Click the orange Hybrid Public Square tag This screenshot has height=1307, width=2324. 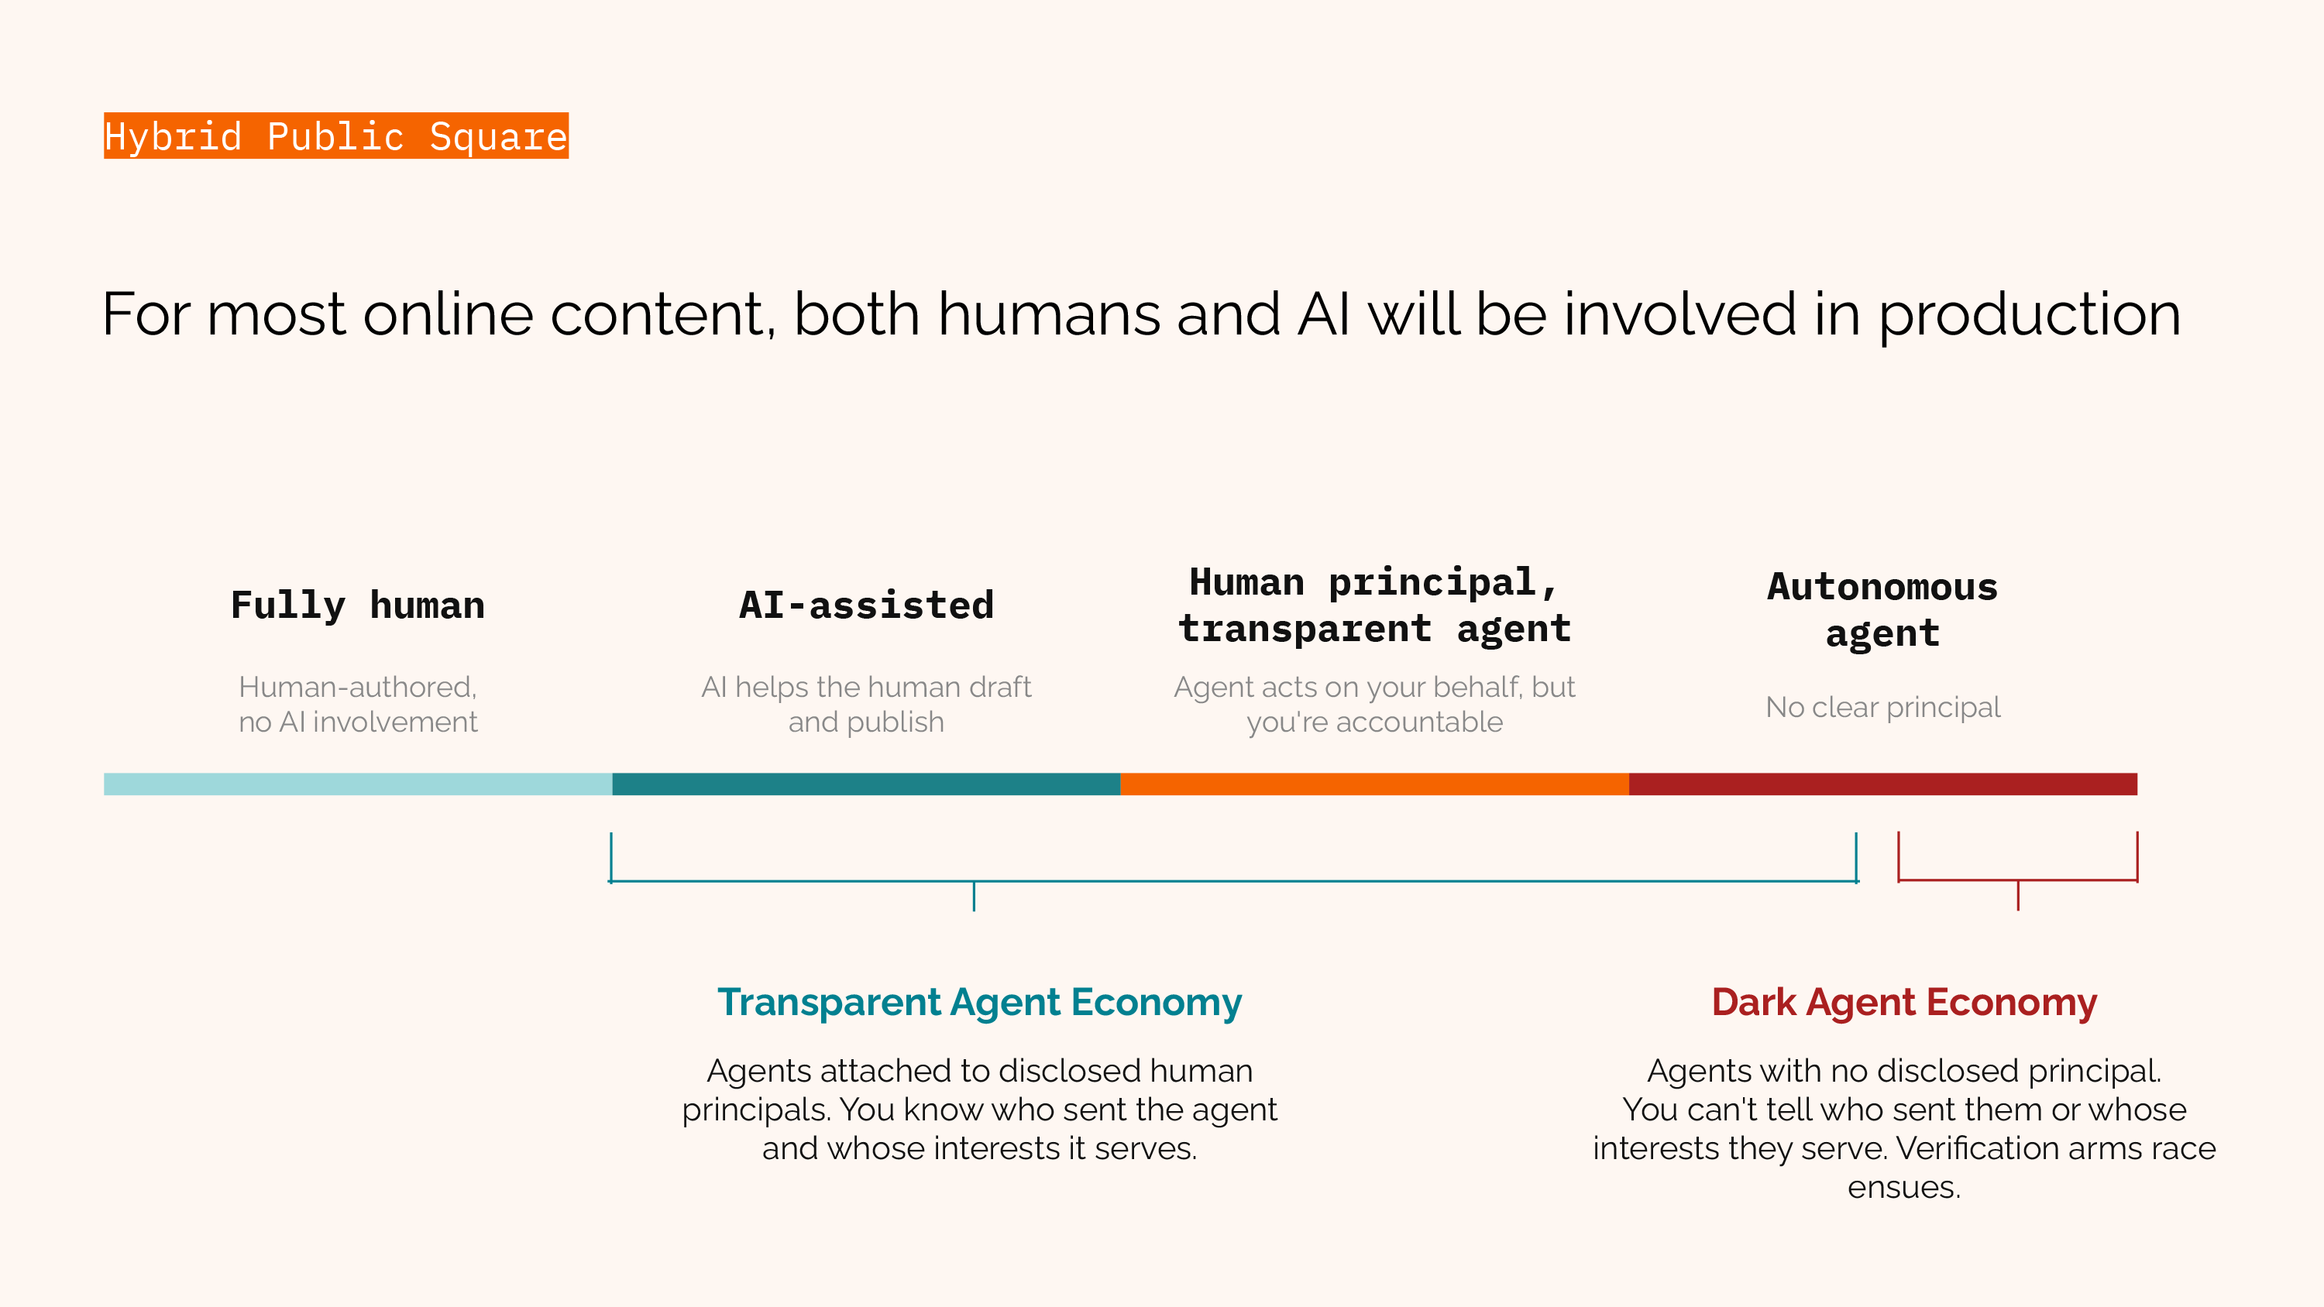[x=335, y=136]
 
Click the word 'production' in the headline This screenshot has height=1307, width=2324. [x=2030, y=316]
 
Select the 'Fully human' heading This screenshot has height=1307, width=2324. [x=358, y=605]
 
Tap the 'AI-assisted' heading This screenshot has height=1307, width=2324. [x=866, y=605]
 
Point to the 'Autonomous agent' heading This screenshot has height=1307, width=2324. [x=1883, y=611]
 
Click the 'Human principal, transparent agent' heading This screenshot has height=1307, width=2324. [x=1374, y=605]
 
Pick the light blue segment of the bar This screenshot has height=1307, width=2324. [x=358, y=784]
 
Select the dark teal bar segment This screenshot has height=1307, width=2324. [x=866, y=784]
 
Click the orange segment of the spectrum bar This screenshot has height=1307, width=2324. [x=1375, y=784]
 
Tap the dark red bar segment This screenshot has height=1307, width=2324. [x=1883, y=784]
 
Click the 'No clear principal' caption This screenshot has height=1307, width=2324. [x=1883, y=707]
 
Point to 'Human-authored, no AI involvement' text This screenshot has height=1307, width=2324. [x=358, y=705]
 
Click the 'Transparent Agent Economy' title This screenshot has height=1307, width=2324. [x=980, y=1003]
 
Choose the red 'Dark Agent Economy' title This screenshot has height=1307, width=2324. [x=1904, y=1003]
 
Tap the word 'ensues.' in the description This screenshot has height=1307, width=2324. [x=1904, y=1187]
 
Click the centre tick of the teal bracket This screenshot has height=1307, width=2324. [x=975, y=897]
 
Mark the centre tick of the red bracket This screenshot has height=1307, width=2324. [x=2018, y=896]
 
